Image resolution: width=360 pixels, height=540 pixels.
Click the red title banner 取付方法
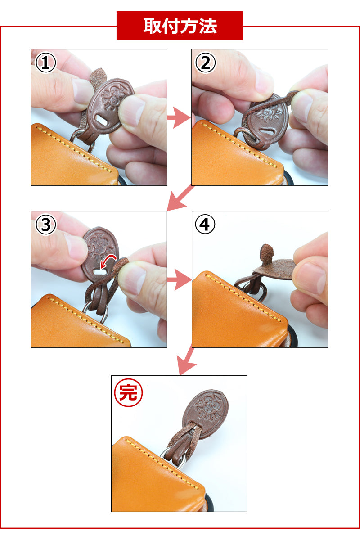click(180, 26)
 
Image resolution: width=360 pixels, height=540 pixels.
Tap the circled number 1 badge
click(46, 63)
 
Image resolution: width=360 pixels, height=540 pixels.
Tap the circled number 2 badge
click(206, 63)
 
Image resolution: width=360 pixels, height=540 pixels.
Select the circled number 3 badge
click(46, 225)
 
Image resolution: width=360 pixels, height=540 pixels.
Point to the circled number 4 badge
click(205, 224)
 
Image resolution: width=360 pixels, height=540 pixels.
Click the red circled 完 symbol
click(128, 392)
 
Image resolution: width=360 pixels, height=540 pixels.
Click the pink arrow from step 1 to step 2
click(179, 117)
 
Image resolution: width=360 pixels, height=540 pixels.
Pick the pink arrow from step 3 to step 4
click(180, 279)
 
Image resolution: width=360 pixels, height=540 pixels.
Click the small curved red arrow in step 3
click(108, 261)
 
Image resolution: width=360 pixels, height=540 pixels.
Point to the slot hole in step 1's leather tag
click(103, 120)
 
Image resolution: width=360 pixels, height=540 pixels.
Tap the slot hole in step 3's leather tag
click(100, 272)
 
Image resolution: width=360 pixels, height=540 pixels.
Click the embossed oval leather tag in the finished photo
click(206, 414)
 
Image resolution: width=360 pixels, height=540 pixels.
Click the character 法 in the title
click(208, 26)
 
